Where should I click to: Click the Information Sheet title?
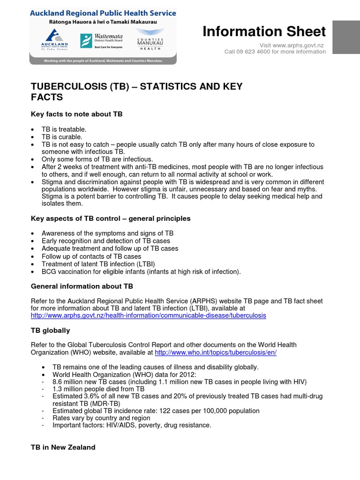click(x=264, y=31)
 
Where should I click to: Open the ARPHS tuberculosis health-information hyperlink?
click(x=148, y=315)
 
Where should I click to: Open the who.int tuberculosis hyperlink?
click(x=215, y=352)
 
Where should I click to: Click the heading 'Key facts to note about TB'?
click(x=76, y=114)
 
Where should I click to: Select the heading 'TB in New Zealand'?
click(x=63, y=447)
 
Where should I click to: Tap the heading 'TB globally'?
click(x=50, y=330)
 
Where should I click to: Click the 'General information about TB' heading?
click(x=82, y=286)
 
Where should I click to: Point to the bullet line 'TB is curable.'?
click(x=61, y=136)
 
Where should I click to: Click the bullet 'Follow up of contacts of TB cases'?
click(x=91, y=256)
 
